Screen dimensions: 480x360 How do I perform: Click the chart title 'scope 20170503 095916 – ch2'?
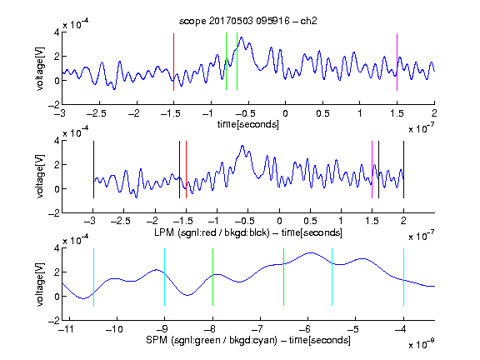(248, 21)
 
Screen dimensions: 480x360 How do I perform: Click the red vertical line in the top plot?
(173, 62)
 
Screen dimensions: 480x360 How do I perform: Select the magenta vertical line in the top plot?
(397, 62)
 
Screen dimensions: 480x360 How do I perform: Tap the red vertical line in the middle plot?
(186, 170)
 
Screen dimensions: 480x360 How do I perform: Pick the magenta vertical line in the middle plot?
(372, 170)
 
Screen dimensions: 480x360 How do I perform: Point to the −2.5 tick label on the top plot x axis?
(97, 113)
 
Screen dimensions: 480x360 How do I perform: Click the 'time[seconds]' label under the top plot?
(248, 124)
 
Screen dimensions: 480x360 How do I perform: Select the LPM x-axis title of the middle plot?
(248, 232)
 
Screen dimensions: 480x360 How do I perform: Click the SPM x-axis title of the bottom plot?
(248, 340)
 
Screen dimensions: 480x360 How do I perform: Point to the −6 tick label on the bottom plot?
(305, 329)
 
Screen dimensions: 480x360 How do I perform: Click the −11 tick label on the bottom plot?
(67, 329)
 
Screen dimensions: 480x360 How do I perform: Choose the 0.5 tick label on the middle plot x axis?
(310, 221)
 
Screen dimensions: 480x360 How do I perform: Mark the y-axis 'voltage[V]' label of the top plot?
(40, 68)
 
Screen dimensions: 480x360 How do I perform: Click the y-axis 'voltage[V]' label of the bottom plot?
(40, 284)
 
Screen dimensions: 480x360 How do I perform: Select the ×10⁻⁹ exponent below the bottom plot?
(422, 344)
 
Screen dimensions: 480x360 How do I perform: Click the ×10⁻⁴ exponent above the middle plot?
(76, 132)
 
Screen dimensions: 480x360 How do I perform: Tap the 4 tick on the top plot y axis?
(57, 32)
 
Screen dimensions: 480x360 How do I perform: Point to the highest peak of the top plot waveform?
(242, 37)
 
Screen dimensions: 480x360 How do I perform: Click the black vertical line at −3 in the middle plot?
(93, 170)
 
